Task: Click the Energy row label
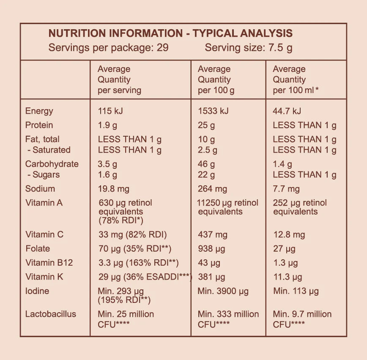point(39,111)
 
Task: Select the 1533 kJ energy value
point(213,111)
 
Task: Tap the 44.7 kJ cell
point(287,111)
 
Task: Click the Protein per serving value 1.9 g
point(108,125)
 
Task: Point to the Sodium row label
point(40,189)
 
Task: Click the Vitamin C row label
point(44,235)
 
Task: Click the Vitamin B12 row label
point(49,263)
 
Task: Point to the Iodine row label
point(37,291)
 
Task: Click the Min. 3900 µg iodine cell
point(223,291)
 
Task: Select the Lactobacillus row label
point(51,314)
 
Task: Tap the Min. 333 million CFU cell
point(228,319)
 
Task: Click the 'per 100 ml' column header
point(296,80)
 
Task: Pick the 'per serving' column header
point(119,80)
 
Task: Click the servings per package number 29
point(163,48)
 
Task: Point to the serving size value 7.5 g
point(280,48)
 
